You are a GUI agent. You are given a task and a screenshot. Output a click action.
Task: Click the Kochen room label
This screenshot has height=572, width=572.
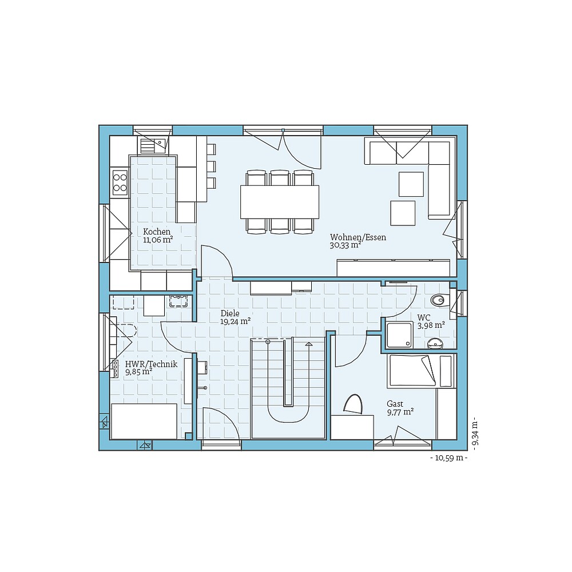tap(157, 232)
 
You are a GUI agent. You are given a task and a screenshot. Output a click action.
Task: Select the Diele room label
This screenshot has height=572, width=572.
tap(230, 313)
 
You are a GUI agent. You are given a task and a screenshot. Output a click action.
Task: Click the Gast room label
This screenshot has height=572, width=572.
tap(395, 404)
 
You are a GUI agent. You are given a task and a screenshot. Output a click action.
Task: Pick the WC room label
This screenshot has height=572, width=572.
tap(424, 317)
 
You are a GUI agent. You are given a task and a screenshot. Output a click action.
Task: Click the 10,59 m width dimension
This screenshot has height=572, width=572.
tap(449, 458)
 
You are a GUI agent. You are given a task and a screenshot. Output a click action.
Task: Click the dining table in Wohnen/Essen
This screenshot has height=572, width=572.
tap(280, 201)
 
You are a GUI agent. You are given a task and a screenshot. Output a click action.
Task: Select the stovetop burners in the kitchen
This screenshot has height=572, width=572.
tap(120, 182)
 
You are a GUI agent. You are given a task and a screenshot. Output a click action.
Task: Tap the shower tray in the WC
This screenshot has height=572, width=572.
tap(399, 335)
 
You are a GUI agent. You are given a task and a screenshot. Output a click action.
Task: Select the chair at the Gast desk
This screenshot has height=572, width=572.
tap(353, 404)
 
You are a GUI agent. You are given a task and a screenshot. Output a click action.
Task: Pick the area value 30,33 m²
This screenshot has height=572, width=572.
tap(345, 245)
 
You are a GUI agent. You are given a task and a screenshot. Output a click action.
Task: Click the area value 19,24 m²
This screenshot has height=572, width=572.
tap(236, 321)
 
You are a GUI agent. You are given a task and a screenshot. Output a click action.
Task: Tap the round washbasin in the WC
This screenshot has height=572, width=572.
tap(435, 343)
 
